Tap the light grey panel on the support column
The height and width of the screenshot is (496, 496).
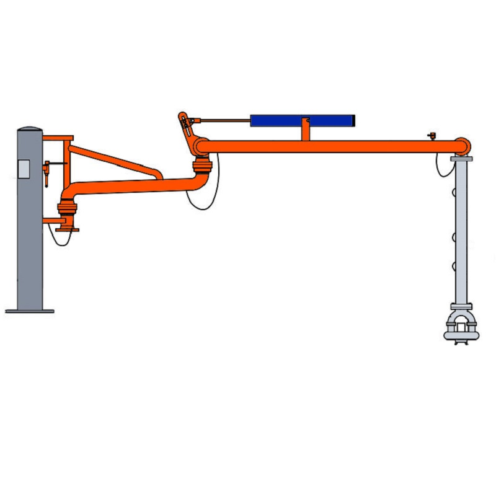click(x=24, y=169)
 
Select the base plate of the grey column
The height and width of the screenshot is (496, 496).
click(x=29, y=311)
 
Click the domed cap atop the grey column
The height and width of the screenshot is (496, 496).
click(x=29, y=130)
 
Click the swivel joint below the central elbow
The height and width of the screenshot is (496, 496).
click(x=202, y=166)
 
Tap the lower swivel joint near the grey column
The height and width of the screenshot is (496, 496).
click(x=67, y=209)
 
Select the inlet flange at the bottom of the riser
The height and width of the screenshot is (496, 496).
click(x=67, y=230)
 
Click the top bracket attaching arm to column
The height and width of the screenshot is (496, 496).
click(x=60, y=138)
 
